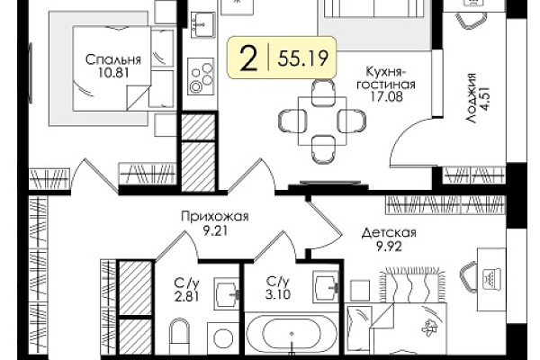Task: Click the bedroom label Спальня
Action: click(113, 60)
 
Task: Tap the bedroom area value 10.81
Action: click(113, 73)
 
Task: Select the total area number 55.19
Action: click(302, 58)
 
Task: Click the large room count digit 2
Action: click(248, 58)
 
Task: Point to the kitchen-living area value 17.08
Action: click(386, 97)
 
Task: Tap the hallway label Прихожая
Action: click(214, 217)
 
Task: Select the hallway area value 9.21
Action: click(215, 230)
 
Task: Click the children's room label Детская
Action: click(389, 233)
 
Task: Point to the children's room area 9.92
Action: click(389, 247)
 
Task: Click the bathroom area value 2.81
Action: click(186, 297)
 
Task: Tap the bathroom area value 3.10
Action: click(278, 294)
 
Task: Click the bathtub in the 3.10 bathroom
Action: click(292, 333)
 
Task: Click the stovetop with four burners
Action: click(201, 76)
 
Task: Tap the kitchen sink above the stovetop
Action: click(203, 24)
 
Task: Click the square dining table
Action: click(322, 121)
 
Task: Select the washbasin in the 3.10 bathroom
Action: click(326, 287)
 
